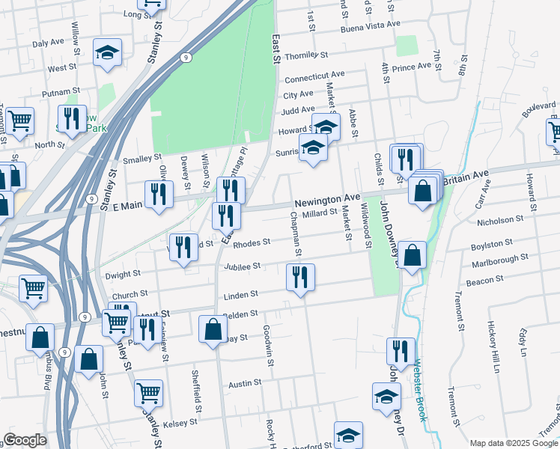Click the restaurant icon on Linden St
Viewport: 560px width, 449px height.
coord(300,278)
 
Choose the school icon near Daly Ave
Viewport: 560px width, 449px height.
coord(107,52)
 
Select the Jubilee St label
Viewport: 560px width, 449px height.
coord(241,266)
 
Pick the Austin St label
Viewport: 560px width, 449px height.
coord(245,382)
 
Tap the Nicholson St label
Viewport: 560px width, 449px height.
coord(500,221)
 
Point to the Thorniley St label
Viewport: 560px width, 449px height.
coord(306,55)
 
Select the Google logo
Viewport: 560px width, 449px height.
coord(25,440)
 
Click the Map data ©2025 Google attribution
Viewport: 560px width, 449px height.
coord(513,443)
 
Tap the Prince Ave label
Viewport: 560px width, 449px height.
coord(412,67)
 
